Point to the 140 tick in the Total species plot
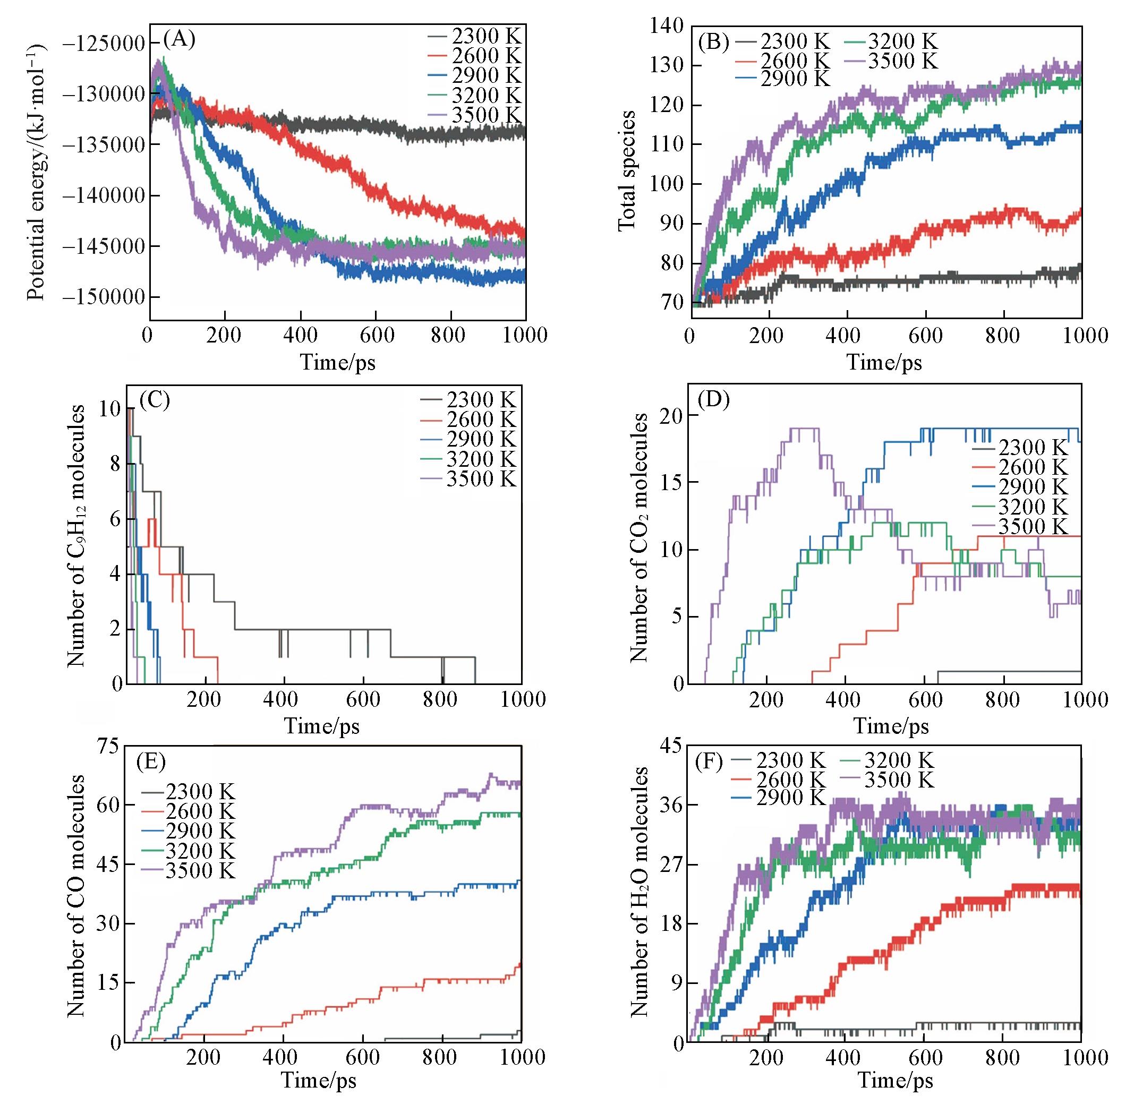point(669,26)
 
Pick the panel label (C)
point(154,399)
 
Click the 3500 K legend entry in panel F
point(899,780)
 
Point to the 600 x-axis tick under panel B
point(925,336)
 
